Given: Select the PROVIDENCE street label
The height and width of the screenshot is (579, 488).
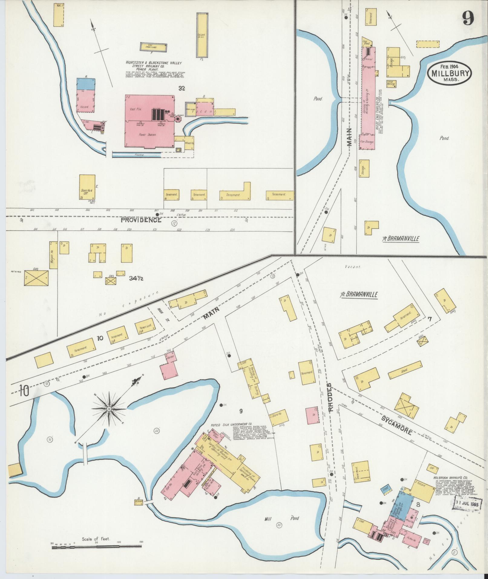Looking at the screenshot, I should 141,220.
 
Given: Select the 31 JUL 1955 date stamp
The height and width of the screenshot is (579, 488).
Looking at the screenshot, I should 466,505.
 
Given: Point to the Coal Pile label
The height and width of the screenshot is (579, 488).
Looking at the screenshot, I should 134,109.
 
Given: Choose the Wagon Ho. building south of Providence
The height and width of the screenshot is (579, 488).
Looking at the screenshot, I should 53,255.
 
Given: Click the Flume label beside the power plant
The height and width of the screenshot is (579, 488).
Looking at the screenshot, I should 136,155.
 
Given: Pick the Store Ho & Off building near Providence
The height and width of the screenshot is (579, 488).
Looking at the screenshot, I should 87,187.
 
